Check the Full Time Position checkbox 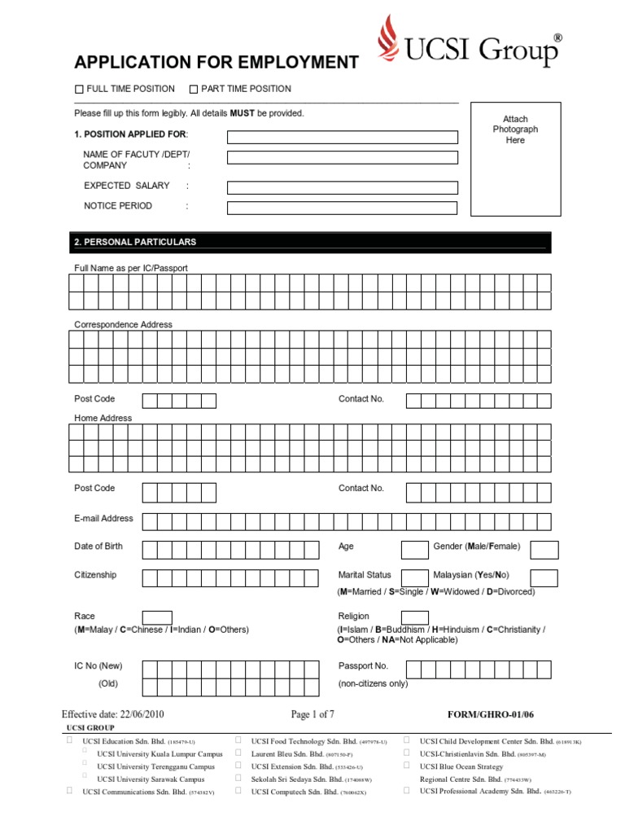79,90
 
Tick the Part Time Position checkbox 194,90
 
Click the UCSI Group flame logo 390,42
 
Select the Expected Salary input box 342,187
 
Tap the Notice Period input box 342,208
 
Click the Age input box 414,549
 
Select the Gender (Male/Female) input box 544,549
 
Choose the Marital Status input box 414,578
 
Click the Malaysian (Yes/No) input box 544,578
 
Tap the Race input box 157,617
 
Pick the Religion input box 414,617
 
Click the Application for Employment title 216,63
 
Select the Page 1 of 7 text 312,714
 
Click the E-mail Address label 103,519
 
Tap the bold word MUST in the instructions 243,113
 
